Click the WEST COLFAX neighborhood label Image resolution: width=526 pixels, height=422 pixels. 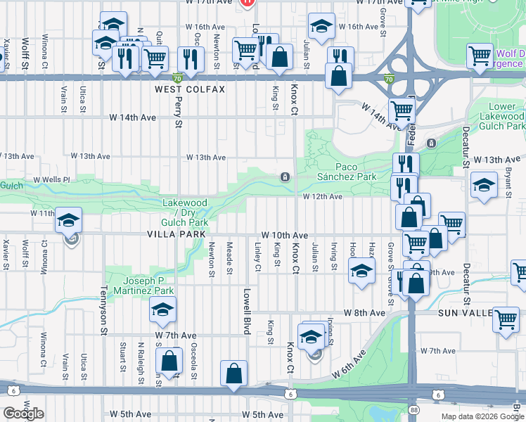point(190,89)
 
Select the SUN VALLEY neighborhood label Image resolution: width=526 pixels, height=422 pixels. point(465,312)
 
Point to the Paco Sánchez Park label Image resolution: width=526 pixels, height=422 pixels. point(346,172)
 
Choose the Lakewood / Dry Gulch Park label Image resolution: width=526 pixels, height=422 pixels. point(185,212)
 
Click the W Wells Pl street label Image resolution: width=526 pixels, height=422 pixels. point(52,180)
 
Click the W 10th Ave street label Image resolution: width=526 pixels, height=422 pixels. point(284,234)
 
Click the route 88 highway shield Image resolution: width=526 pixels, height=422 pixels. point(413,409)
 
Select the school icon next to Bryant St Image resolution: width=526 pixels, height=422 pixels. point(483,185)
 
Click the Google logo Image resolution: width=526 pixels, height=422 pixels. point(23,414)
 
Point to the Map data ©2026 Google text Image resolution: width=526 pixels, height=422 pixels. point(482,416)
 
